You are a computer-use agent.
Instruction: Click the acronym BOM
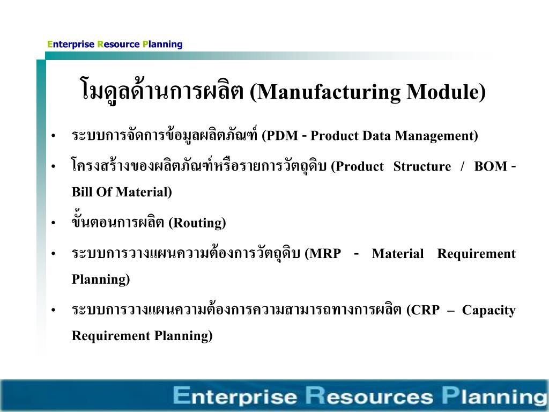coord(491,166)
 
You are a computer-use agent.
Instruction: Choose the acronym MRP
coord(323,254)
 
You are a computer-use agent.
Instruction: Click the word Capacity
coord(488,311)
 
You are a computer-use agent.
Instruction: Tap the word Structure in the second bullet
coord(422,166)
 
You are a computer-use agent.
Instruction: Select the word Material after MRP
coord(398,254)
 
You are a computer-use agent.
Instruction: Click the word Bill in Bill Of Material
coord(81,192)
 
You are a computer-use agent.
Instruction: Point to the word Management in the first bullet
coord(436,136)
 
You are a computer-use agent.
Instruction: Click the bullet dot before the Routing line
coord(54,224)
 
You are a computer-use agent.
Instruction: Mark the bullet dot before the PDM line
coord(54,137)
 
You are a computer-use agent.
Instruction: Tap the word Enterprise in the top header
coord(71,45)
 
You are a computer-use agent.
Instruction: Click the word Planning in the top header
coord(162,45)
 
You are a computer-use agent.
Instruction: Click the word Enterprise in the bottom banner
coord(235,396)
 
